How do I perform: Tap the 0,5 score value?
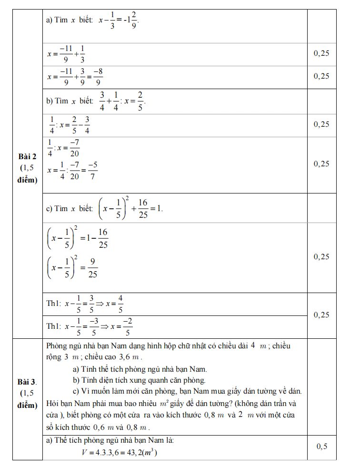[322, 447]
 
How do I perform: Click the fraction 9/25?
[93, 268]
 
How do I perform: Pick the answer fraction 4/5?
[120, 304]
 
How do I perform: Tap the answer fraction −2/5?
[127, 327]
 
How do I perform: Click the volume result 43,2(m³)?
[140, 453]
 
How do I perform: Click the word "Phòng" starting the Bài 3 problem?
[57, 345]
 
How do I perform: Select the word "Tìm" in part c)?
[62, 209]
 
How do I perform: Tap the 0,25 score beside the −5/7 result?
[322, 163]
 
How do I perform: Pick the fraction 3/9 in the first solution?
[82, 76]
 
